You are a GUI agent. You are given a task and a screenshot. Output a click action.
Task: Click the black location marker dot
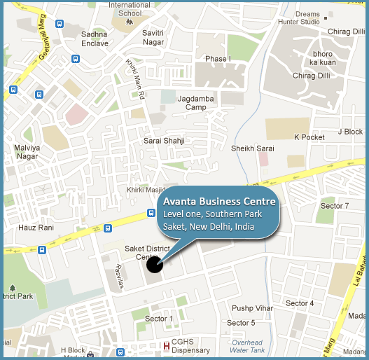[x=155, y=264]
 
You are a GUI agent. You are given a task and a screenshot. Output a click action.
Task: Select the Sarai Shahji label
[x=165, y=141]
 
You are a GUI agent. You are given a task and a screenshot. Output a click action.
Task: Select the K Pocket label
[x=309, y=137]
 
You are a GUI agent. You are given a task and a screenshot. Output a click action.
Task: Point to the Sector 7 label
[x=335, y=206]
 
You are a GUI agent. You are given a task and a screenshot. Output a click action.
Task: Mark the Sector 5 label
[x=242, y=323]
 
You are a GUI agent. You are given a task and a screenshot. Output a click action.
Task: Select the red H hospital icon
[x=166, y=345]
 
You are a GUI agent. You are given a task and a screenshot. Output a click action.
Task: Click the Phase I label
[x=218, y=60]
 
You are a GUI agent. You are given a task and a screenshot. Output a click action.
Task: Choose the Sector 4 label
[x=300, y=303]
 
